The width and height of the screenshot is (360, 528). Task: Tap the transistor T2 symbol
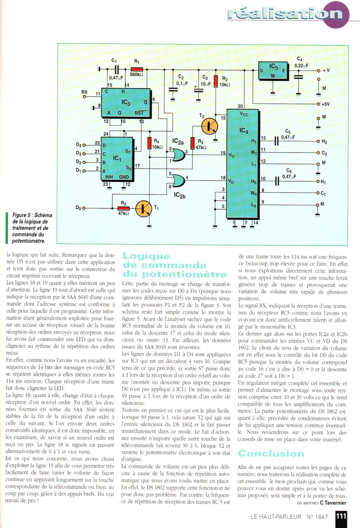209,126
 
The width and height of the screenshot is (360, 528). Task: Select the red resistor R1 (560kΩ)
137,70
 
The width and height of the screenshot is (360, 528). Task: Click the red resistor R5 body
123,208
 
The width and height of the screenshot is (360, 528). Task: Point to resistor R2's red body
216,81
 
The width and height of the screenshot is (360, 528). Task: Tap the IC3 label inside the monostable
126,102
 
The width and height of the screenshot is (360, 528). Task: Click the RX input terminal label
84,92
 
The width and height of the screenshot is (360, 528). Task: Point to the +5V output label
325,104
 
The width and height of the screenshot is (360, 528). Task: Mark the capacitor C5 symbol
276,141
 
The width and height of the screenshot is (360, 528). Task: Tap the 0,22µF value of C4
301,66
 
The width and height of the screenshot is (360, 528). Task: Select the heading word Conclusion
271,453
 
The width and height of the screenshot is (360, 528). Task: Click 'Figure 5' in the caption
23,215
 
